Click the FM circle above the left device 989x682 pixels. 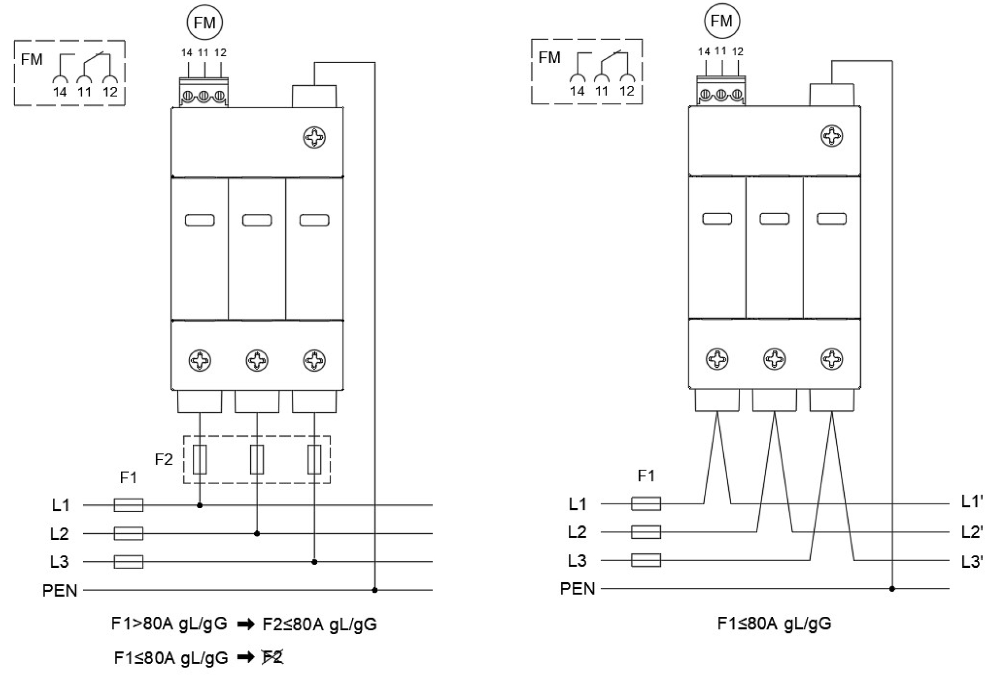tap(204, 22)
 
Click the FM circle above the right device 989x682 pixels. tap(722, 21)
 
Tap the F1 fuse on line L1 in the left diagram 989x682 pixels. tap(129, 505)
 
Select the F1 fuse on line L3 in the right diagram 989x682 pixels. tap(646, 560)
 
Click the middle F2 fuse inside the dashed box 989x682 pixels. tap(257, 460)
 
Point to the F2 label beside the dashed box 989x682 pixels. tap(164, 460)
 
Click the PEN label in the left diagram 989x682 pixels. tap(60, 591)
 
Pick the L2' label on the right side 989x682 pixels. tap(972, 532)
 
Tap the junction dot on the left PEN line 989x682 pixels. tap(374, 590)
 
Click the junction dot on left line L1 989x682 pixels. tap(199, 505)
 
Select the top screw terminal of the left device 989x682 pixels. tap(314, 138)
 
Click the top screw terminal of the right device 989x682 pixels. tap(832, 136)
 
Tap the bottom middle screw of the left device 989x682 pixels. tap(257, 361)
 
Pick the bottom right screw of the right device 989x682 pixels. tap(832, 359)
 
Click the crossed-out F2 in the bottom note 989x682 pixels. tap(273, 657)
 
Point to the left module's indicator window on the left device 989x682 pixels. tap(199, 220)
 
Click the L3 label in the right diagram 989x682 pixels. tap(577, 561)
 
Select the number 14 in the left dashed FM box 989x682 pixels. tap(60, 92)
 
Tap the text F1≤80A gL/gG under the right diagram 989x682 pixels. tap(774, 623)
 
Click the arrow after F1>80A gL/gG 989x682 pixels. tap(246, 625)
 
